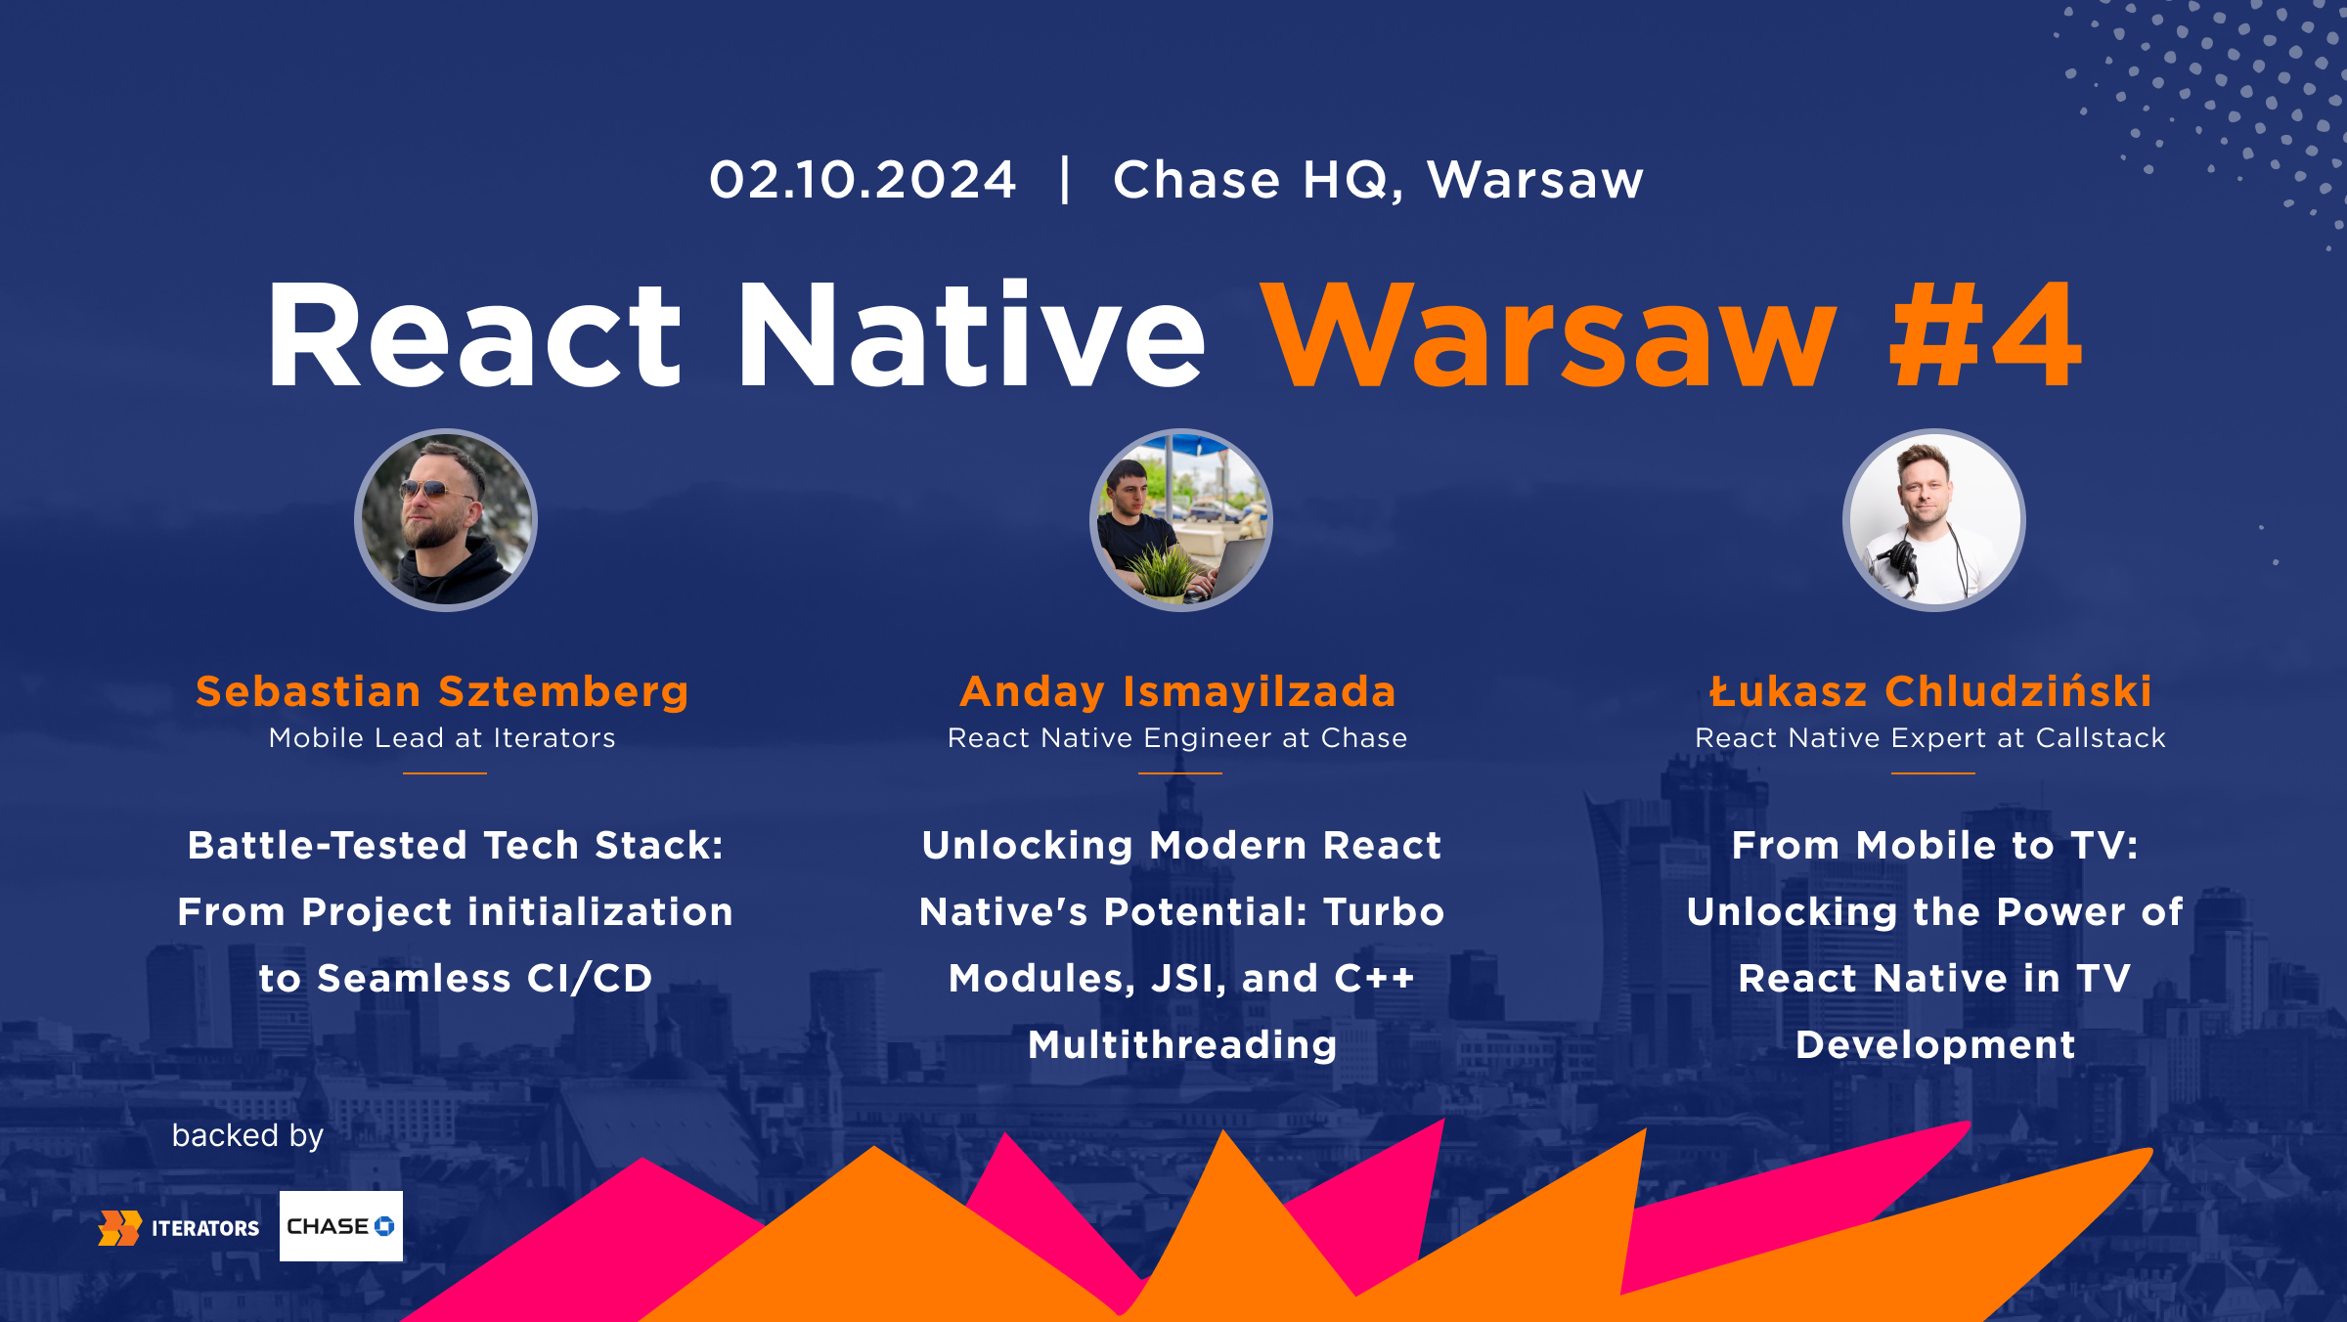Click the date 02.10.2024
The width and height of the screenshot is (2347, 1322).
click(863, 181)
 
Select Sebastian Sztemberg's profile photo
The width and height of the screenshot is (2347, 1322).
click(446, 520)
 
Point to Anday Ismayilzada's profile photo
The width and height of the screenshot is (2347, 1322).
click(1181, 520)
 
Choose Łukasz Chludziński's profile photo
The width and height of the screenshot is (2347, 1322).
click(1933, 520)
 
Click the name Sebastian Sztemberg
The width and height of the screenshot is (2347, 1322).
click(442, 691)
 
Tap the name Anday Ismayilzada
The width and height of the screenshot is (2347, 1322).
click(1178, 691)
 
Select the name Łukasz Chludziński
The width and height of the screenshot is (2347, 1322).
click(1931, 691)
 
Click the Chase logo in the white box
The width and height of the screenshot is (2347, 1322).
click(340, 1226)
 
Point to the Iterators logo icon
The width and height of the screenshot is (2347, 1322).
click(119, 1228)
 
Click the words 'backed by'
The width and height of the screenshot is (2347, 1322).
click(247, 1135)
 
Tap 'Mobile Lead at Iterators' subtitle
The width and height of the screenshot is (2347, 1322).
click(442, 738)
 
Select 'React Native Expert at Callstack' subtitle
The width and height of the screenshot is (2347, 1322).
click(1930, 738)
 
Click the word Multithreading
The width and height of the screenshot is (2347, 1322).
click(1182, 1045)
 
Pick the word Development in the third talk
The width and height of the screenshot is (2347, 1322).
click(1935, 1045)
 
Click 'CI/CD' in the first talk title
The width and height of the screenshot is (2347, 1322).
click(589, 979)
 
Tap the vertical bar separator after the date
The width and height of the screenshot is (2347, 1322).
click(1065, 181)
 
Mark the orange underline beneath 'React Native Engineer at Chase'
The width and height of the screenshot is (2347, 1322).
click(1179, 773)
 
